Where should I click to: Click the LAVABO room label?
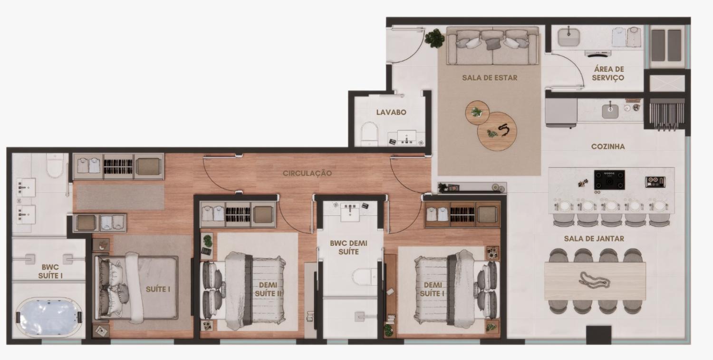391,112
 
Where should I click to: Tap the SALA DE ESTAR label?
490,78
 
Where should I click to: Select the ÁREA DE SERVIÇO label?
608,73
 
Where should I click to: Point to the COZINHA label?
608,146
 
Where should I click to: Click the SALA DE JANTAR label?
594,239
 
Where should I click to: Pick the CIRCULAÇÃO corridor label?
307,173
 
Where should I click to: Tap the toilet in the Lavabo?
370,134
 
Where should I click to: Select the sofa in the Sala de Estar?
493,46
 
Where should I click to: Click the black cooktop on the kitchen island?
609,180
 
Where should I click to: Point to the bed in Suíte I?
136,288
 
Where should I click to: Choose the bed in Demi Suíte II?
243,291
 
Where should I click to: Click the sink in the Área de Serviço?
569,37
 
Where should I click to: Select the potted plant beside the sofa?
434,38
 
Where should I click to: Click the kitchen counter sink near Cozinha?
610,111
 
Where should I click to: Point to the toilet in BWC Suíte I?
55,165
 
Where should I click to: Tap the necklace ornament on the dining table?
594,281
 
